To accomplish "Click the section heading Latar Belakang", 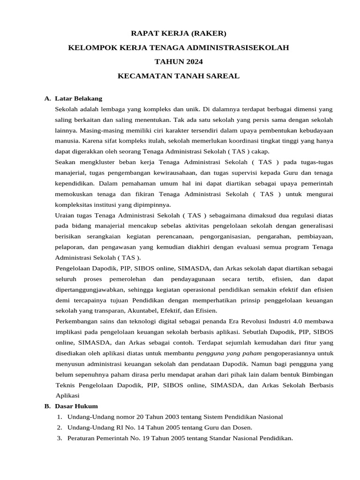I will (78, 98).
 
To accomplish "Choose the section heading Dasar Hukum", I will (76, 406).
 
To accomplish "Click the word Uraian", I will (66, 215).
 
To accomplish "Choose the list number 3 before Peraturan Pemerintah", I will (59, 438).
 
